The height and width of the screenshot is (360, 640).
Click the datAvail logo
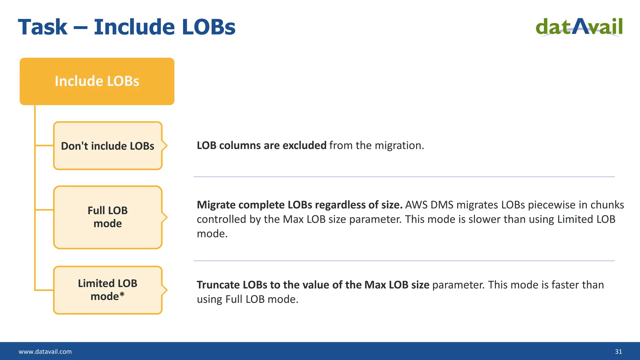579,27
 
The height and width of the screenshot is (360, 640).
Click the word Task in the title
43,27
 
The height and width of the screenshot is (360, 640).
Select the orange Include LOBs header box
97,81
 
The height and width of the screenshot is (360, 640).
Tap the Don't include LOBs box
107,146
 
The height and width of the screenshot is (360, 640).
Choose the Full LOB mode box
107,217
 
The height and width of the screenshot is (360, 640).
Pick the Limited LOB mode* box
107,290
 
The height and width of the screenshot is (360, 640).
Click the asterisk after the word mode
122,295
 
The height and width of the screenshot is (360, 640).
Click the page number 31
618,352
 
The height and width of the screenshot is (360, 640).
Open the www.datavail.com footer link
45,352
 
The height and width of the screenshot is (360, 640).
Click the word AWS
416,205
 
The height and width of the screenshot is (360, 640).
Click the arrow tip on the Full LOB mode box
167,217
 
